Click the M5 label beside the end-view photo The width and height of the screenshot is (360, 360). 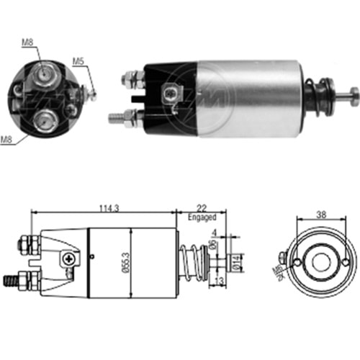click(78, 61)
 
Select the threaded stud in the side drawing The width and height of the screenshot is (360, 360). click(14, 277)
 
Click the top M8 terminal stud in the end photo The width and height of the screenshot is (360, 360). click(41, 71)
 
